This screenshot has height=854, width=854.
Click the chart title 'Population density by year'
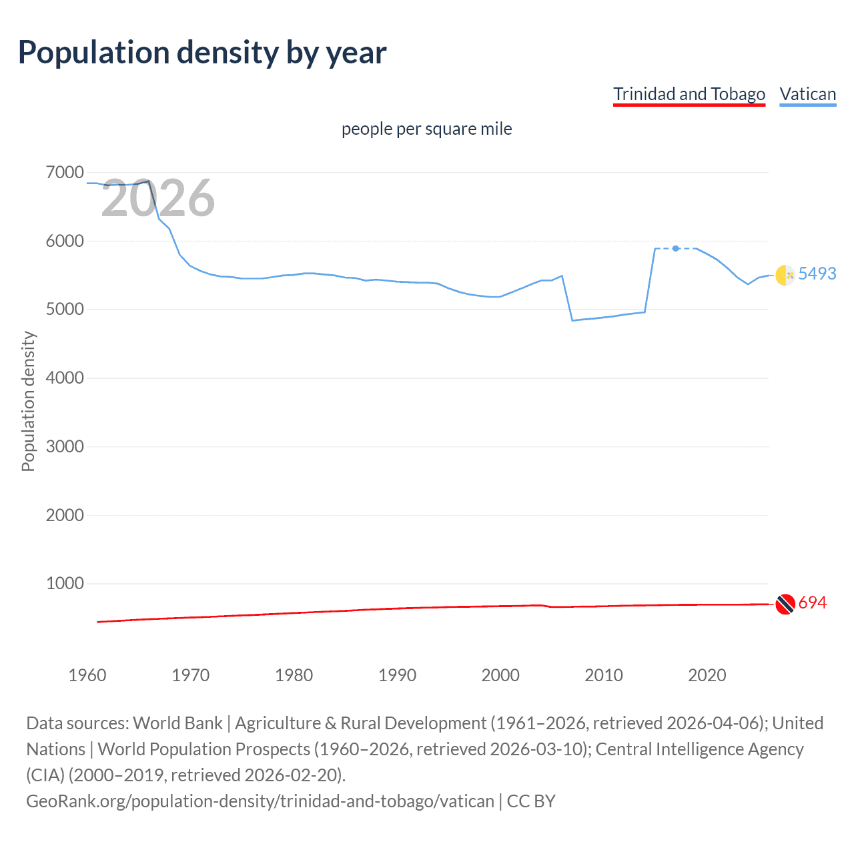point(202,53)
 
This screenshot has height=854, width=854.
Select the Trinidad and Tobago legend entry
point(689,94)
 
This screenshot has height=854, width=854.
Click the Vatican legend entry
point(807,94)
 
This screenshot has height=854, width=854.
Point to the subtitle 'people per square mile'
point(426,129)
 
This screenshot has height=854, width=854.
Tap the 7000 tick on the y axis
point(65,173)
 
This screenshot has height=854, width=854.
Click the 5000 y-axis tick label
point(65,310)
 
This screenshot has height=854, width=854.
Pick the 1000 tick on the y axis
point(65,584)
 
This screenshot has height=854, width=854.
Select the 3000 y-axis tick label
point(65,447)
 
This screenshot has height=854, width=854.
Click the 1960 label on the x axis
point(87,675)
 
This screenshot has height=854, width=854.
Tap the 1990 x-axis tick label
point(397,675)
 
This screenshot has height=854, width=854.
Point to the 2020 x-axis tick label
point(707,675)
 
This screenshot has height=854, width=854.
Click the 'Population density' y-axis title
point(28,402)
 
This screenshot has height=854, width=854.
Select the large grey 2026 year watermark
point(158,198)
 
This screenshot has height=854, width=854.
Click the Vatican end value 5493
point(817,274)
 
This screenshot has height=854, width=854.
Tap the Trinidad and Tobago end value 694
point(812,603)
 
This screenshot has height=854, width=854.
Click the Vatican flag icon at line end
point(785,274)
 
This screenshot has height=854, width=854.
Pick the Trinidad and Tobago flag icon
point(785,604)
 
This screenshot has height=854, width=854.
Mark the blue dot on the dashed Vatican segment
point(676,248)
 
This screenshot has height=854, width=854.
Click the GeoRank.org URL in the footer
point(260,801)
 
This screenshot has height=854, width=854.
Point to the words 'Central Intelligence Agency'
point(699,749)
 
